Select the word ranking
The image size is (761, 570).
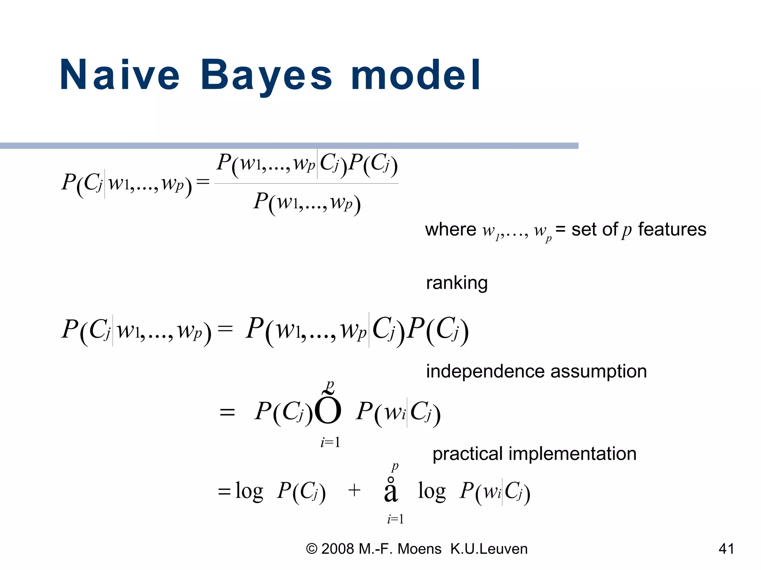456,283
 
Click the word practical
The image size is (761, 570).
467,454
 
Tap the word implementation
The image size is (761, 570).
572,454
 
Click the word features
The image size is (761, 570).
672,229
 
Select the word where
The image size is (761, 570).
450,229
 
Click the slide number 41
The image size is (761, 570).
726,548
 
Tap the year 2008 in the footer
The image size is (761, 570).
337,549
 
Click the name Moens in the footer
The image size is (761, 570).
420,549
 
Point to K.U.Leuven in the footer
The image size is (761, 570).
489,549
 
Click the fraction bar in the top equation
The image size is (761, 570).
307,183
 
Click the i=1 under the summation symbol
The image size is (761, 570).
395,519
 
